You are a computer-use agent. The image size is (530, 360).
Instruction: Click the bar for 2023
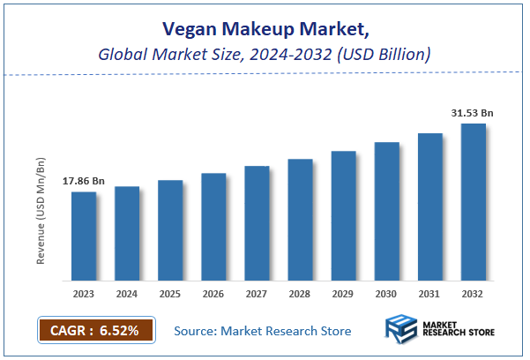click(x=84, y=236)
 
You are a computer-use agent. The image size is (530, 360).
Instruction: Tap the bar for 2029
click(x=343, y=215)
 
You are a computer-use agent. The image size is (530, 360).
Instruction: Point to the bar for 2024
click(x=127, y=233)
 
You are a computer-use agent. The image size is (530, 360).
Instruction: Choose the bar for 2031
click(x=429, y=206)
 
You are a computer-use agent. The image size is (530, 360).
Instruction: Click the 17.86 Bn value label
click(x=84, y=181)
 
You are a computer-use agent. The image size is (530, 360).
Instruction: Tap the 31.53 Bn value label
click(x=472, y=112)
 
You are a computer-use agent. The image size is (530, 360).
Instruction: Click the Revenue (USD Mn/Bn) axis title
click(x=41, y=212)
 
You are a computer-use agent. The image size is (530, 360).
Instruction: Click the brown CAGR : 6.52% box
click(x=95, y=331)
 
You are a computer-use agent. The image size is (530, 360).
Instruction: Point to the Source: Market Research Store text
click(x=262, y=331)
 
